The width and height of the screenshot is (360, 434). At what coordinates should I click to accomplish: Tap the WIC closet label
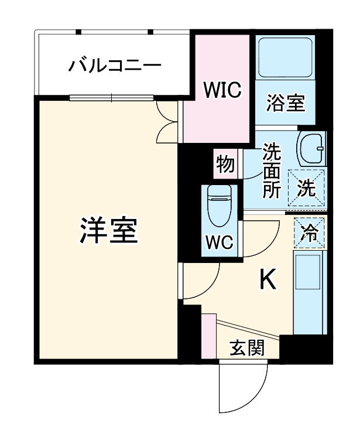pos(222,90)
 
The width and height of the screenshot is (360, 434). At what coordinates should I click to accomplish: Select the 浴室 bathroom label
pos(286,103)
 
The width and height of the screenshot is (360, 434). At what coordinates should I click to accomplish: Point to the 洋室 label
pos(109,231)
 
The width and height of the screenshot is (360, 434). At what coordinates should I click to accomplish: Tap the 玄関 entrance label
pos(246,348)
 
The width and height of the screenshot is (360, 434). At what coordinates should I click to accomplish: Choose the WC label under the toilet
pos(220,242)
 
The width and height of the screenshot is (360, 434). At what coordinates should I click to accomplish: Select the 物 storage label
pos(225,163)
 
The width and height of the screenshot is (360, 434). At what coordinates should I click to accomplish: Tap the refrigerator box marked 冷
pos(308,231)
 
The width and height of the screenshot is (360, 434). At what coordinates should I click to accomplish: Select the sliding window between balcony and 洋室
pos(111,97)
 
